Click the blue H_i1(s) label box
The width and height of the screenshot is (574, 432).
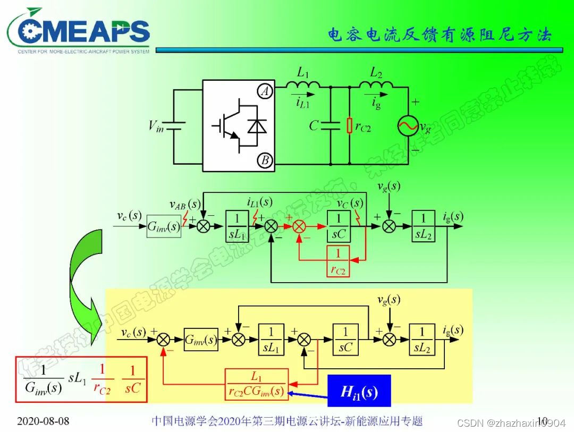[x=359, y=392]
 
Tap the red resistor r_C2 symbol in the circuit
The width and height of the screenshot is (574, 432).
[x=349, y=126]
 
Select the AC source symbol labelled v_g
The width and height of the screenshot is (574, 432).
[x=408, y=126]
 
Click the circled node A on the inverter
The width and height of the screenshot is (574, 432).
[x=265, y=92]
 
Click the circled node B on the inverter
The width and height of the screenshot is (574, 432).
[x=265, y=159]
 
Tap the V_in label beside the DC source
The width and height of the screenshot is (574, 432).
[x=156, y=126]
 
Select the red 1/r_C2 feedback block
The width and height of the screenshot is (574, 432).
[x=339, y=261]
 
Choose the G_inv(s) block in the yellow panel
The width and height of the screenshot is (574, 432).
[x=200, y=339]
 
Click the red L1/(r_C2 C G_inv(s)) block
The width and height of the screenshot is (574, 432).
[x=257, y=384]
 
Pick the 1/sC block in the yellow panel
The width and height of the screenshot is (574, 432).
[x=346, y=339]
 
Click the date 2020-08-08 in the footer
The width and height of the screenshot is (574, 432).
[x=43, y=421]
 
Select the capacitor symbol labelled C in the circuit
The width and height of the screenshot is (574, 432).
[x=330, y=126]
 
